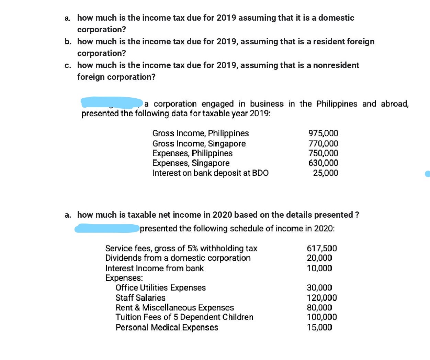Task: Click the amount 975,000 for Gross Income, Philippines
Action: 323,133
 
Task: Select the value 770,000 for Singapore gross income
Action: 323,143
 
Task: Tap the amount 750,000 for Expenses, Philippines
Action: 323,153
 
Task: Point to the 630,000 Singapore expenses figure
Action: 323,163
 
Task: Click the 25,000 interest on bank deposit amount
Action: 325,173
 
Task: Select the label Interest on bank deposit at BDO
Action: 210,173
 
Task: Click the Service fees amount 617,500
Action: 321,248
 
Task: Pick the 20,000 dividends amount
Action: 319,258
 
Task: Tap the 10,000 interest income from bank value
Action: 319,268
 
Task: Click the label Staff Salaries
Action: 140,298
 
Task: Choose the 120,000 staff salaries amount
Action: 321,298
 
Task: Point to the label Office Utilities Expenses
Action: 160,287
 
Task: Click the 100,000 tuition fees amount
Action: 321,317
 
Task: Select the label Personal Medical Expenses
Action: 167,327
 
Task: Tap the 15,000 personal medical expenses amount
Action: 319,327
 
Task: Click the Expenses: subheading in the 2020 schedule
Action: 124,278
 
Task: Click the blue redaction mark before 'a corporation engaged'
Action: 112,102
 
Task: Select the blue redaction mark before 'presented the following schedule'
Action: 106,228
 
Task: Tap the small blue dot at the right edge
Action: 427,174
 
